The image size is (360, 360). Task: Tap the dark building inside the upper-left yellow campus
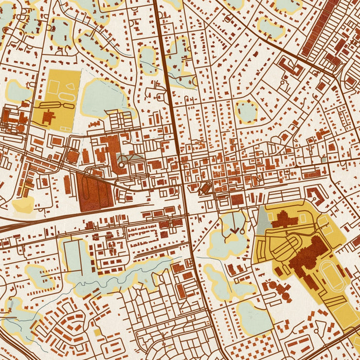48,117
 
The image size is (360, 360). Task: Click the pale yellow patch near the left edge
23,205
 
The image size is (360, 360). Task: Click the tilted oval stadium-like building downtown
205,188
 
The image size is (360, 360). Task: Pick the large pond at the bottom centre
255,318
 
